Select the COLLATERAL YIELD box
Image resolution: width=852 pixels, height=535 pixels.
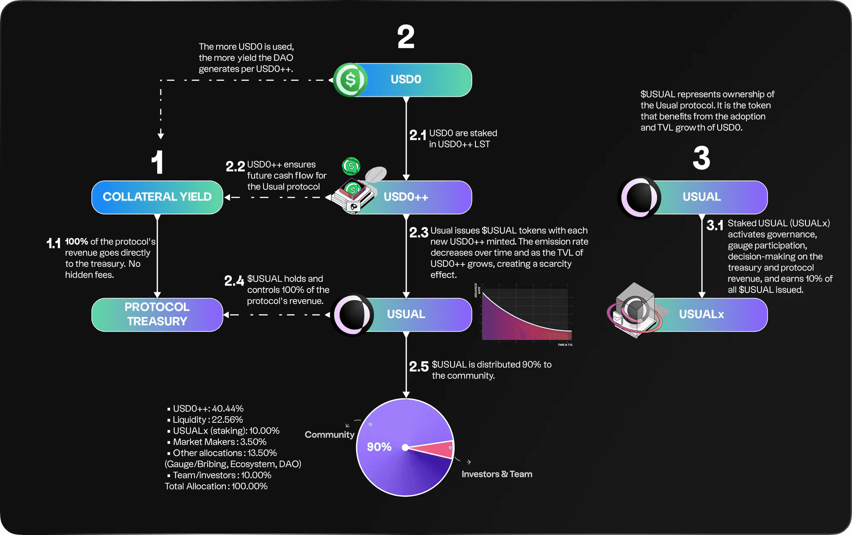157,197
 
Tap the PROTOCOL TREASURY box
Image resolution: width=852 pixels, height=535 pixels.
157,314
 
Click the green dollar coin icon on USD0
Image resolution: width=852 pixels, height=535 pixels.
350,79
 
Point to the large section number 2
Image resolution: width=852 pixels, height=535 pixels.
406,37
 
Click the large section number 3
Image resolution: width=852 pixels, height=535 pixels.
701,158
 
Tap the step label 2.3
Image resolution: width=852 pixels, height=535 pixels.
419,232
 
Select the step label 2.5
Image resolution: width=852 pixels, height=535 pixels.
419,367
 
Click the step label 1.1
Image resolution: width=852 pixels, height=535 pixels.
54,243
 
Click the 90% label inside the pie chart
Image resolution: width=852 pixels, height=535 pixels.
379,447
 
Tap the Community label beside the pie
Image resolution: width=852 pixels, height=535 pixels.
329,435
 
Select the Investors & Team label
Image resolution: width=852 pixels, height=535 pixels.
497,474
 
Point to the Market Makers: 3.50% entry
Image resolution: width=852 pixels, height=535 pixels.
219,442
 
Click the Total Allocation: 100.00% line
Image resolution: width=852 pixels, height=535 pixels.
216,486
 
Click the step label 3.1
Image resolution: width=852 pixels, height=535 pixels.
715,225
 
